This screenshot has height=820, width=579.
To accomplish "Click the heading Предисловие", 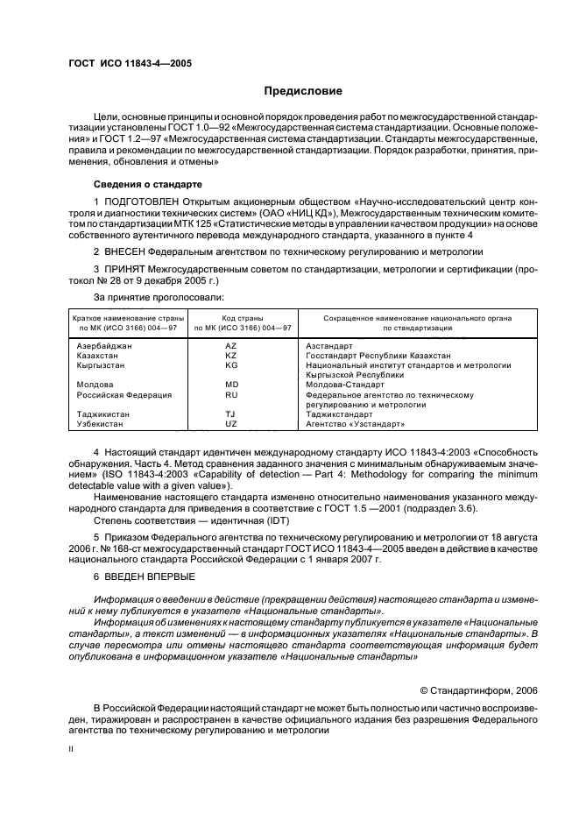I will tap(304, 91).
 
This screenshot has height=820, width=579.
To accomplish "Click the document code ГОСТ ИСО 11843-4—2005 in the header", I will tap(131, 64).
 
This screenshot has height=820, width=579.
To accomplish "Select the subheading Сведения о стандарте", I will tap(148, 184).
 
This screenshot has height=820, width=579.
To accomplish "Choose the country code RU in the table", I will tap(231, 394).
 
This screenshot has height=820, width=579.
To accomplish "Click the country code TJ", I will tap(231, 414).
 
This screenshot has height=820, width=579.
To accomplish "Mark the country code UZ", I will tap(231, 423).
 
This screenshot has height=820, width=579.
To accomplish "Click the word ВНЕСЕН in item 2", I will tap(123, 250).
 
